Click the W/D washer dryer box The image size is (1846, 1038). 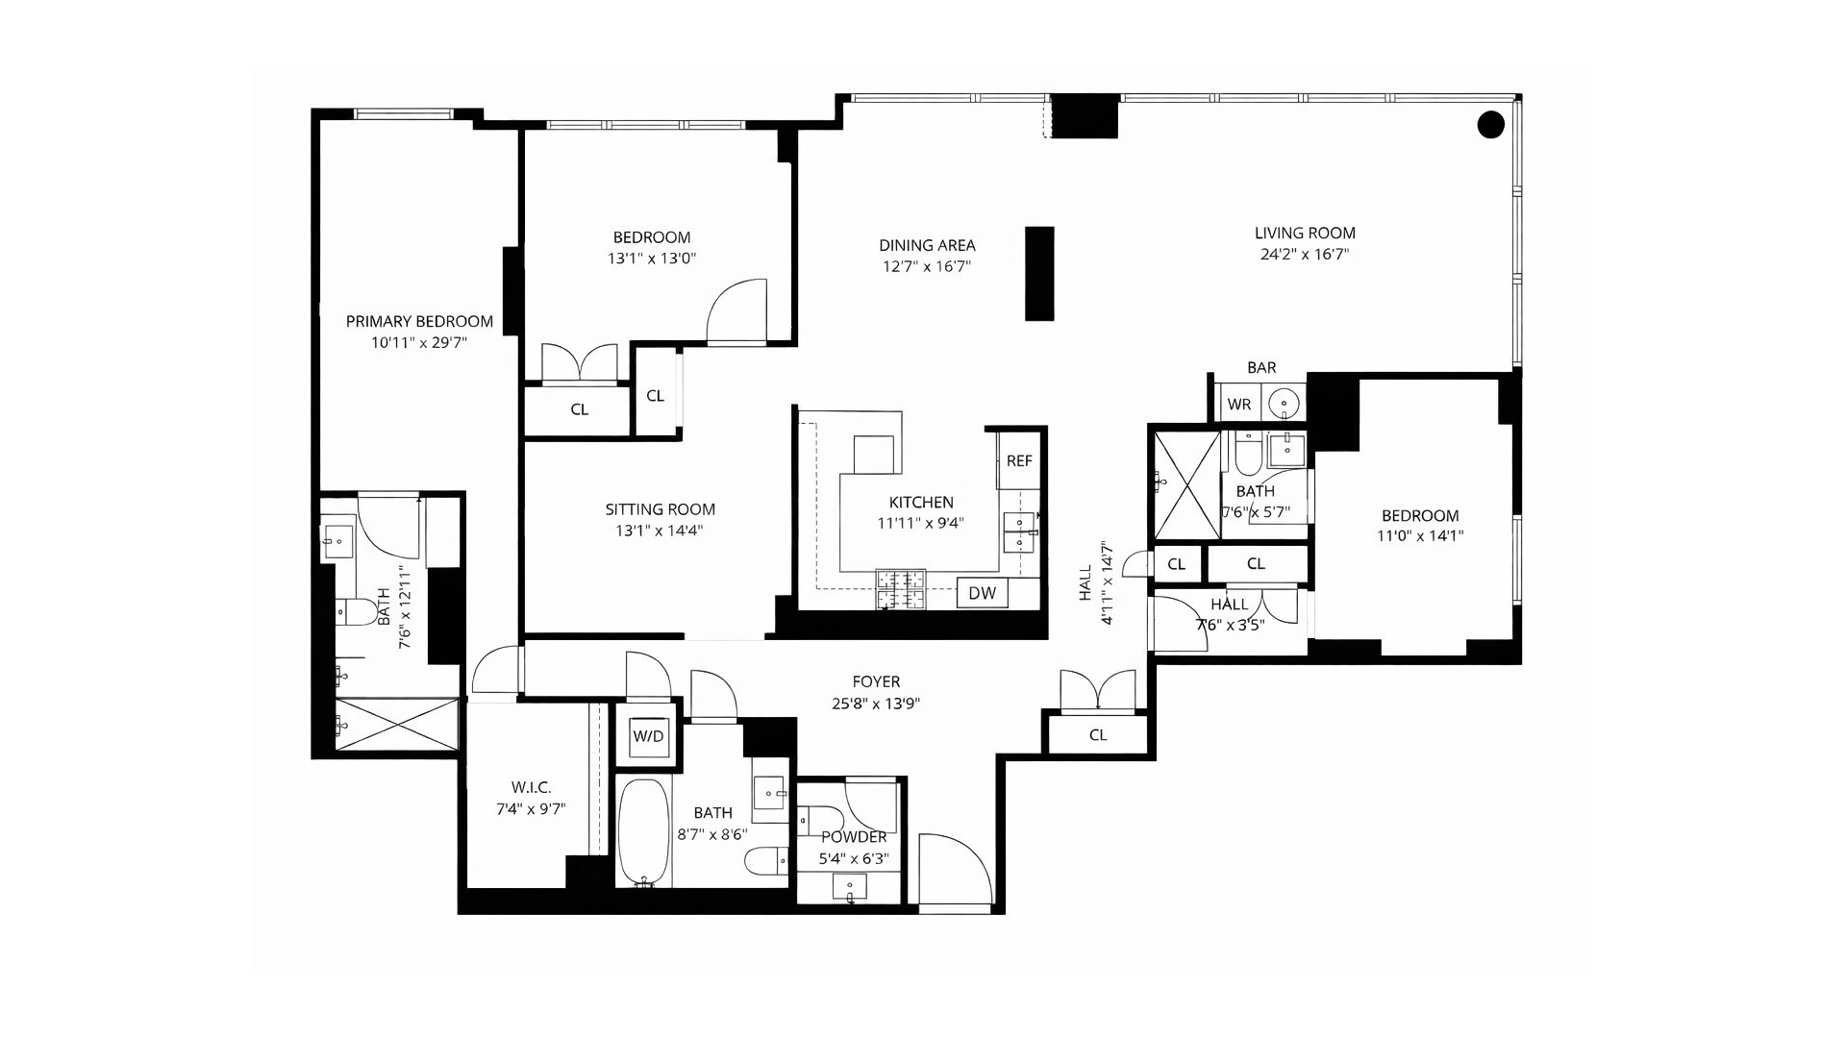[648, 737]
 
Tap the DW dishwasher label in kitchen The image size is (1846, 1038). [982, 593]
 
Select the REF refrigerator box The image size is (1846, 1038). [1019, 461]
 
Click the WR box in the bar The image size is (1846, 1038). [1239, 405]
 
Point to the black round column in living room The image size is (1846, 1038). [1490, 124]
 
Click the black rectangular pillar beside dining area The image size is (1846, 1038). [1039, 273]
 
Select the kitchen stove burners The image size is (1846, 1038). [900, 589]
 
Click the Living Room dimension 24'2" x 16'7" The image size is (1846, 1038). [1305, 255]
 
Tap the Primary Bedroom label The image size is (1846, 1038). [419, 322]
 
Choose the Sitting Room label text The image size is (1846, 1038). [660, 509]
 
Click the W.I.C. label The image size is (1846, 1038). [530, 787]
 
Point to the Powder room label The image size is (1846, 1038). [853, 837]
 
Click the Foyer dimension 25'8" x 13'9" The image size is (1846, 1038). [876, 704]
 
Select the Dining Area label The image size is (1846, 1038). [927, 245]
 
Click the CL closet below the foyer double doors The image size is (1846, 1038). [1098, 735]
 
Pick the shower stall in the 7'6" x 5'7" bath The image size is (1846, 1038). [1185, 484]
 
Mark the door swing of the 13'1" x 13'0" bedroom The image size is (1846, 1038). [738, 311]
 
